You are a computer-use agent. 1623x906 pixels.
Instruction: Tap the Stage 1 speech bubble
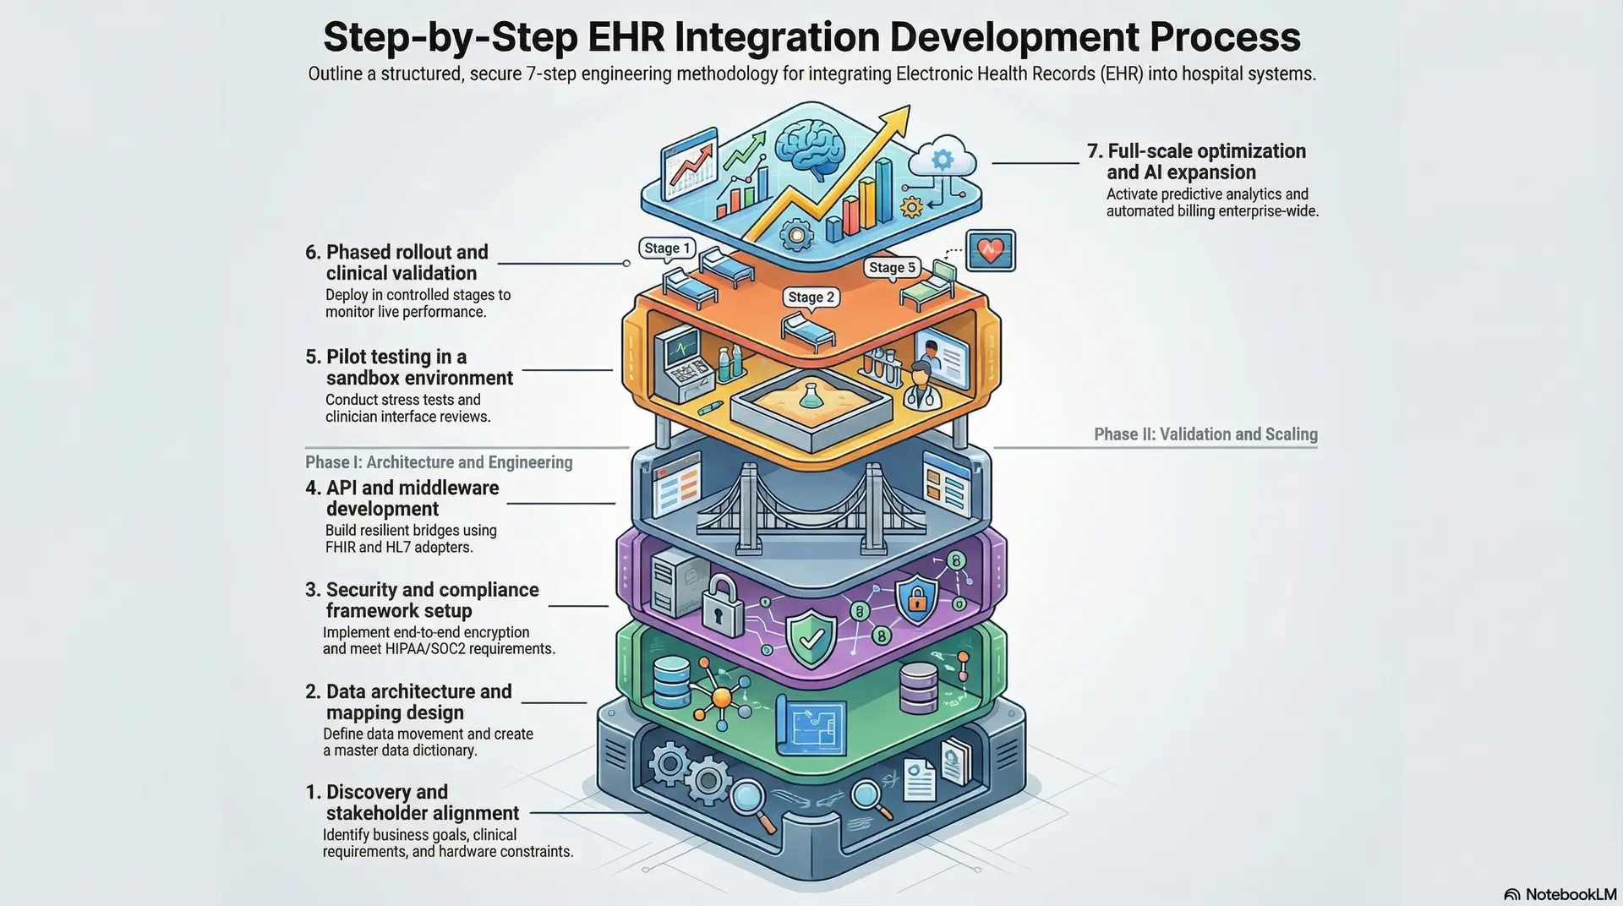667,248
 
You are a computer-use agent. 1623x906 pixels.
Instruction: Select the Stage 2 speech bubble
811,297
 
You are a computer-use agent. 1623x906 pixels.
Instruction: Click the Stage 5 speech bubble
892,267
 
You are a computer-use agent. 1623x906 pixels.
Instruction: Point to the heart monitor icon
990,251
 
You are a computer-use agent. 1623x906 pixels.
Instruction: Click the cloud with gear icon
942,158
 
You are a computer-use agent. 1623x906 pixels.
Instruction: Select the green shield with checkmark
811,639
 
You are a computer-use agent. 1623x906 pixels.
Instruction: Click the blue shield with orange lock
915,598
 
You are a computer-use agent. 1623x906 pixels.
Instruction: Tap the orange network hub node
721,697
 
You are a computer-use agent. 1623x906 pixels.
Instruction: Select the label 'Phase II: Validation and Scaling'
1205,434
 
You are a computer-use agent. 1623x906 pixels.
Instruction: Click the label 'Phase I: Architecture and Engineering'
439,462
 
